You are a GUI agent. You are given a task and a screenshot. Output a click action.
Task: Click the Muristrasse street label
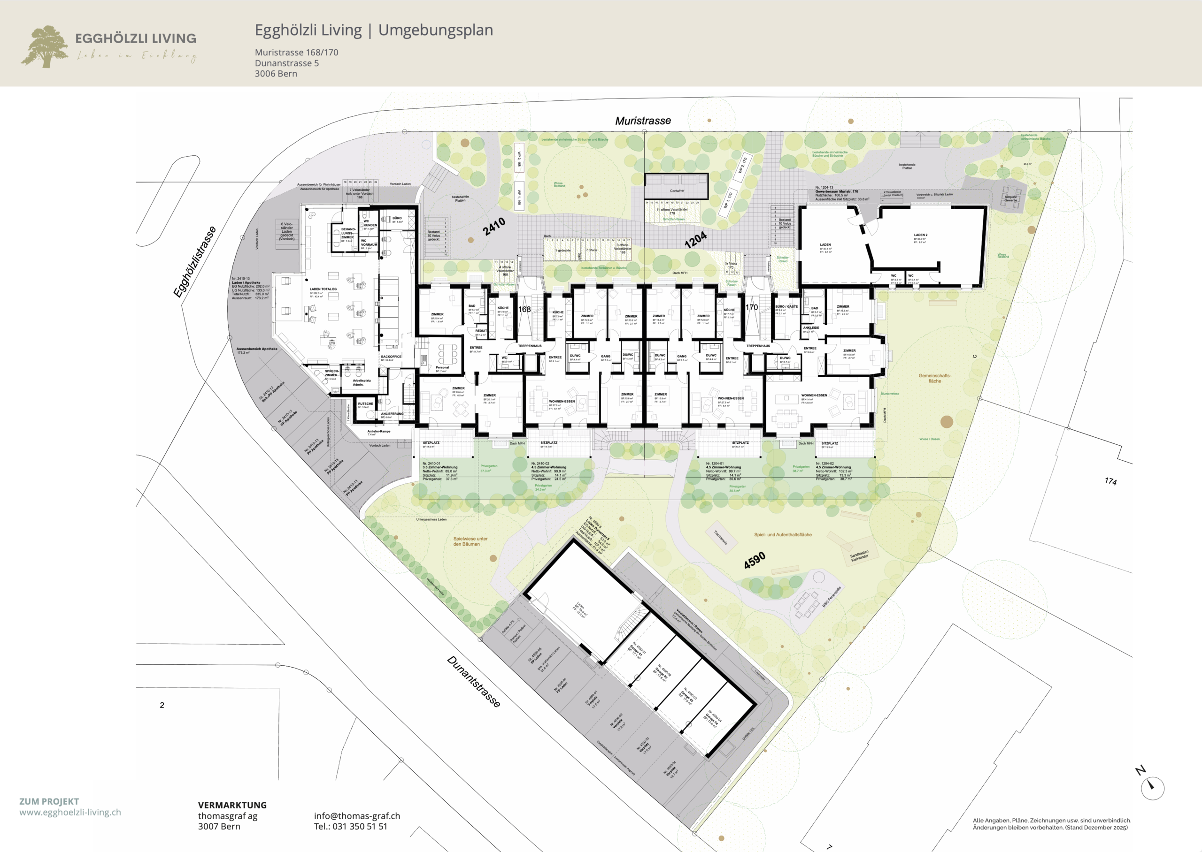pyautogui.click(x=642, y=121)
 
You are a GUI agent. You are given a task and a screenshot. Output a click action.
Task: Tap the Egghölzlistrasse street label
pyautogui.click(x=195, y=262)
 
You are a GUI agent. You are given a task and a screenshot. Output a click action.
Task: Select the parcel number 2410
pyautogui.click(x=494, y=226)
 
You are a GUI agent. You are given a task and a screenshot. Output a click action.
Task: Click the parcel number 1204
pyautogui.click(x=695, y=240)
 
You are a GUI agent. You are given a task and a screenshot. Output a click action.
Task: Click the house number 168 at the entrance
pyautogui.click(x=524, y=309)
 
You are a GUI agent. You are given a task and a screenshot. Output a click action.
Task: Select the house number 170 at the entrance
pyautogui.click(x=752, y=307)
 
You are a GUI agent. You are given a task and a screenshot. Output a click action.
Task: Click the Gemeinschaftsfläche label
pyautogui.click(x=934, y=378)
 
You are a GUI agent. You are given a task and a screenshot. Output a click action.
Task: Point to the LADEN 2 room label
pyautogui.click(x=920, y=235)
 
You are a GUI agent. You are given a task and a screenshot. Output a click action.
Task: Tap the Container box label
pyautogui.click(x=677, y=190)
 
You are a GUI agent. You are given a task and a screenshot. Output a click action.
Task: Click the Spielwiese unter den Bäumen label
pyautogui.click(x=470, y=541)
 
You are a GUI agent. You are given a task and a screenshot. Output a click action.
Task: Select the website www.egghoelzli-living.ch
pyautogui.click(x=70, y=812)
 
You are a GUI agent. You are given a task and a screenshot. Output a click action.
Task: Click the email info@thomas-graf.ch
pyautogui.click(x=357, y=816)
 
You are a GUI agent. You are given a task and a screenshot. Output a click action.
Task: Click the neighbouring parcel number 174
pyautogui.click(x=1110, y=481)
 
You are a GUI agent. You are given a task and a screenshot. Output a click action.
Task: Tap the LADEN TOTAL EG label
pyautogui.click(x=323, y=289)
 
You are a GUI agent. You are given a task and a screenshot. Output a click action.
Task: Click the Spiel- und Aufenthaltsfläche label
pyautogui.click(x=783, y=534)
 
